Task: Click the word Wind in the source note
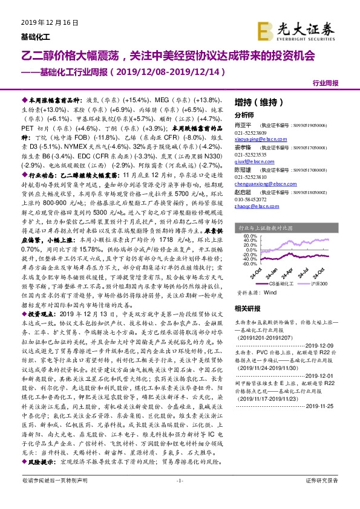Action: (269, 292)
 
